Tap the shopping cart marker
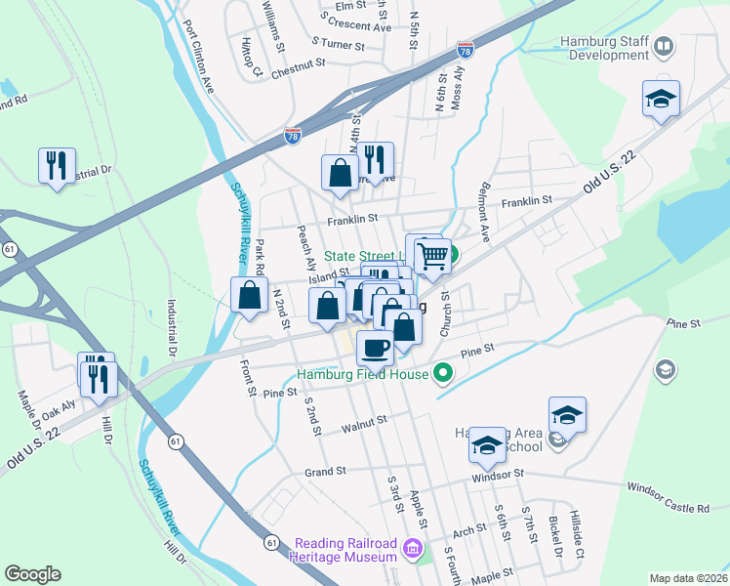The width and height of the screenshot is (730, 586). (432, 257)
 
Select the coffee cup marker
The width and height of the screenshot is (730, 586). (375, 347)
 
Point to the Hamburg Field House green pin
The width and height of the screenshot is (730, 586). (443, 371)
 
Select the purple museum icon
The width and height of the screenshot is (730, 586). (414, 549)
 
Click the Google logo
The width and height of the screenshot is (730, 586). (32, 574)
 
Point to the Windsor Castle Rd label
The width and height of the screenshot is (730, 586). (668, 498)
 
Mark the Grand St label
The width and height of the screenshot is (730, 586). (326, 471)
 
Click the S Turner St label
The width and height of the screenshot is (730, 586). (338, 44)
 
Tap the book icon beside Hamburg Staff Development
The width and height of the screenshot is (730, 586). (665, 46)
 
